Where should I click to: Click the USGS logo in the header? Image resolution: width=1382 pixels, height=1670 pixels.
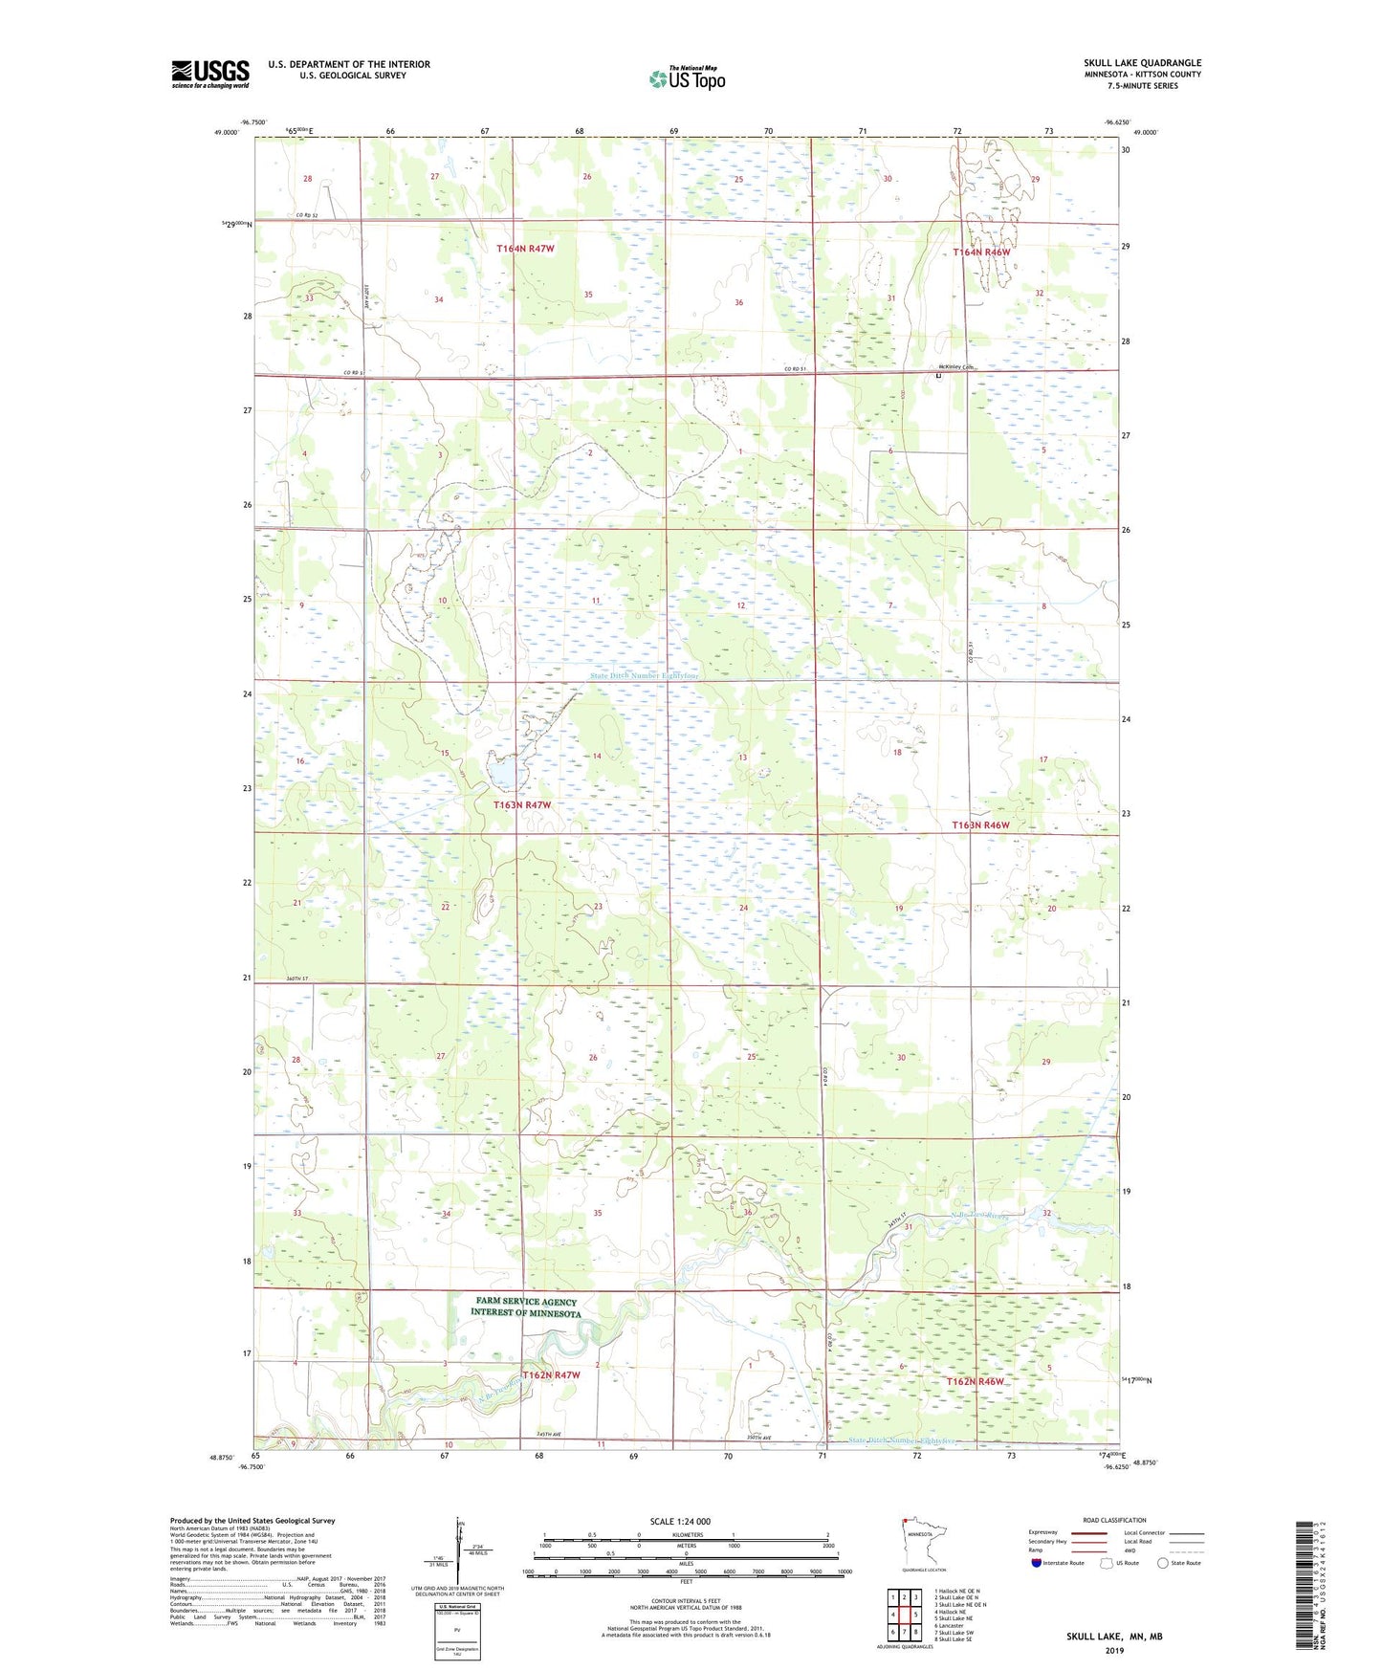click(210, 74)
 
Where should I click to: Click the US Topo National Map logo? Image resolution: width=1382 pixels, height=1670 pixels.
click(687, 78)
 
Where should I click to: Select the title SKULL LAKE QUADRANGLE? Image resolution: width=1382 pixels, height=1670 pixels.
click(1142, 63)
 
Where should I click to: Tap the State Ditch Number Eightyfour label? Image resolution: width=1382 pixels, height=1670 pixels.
click(644, 675)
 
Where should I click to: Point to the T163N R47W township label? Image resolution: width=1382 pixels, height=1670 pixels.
click(522, 805)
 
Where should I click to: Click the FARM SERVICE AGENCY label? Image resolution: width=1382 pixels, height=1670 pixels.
click(526, 1302)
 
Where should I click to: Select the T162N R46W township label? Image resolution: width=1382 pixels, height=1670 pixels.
click(976, 1381)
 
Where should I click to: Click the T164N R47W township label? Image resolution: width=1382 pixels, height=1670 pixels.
click(525, 249)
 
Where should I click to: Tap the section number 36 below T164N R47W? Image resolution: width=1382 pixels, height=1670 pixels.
click(738, 302)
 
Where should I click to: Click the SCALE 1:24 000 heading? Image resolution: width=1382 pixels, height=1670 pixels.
click(680, 1521)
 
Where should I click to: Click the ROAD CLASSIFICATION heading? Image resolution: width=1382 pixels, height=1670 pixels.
click(1114, 1520)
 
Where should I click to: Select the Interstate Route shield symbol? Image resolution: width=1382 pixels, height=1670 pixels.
click(1037, 1563)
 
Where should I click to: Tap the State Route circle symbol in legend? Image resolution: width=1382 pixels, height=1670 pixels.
click(1163, 1563)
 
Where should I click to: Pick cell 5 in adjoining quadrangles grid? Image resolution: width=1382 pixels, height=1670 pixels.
click(915, 1615)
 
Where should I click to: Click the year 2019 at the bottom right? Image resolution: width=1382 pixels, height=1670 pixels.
click(1114, 1650)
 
